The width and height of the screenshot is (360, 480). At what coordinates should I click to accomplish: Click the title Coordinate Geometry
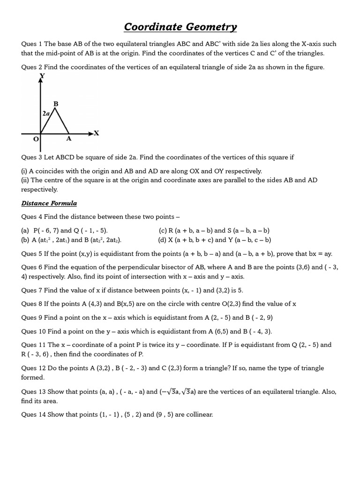[x=180, y=27]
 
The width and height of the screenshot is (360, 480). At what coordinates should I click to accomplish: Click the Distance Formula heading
[x=49, y=203]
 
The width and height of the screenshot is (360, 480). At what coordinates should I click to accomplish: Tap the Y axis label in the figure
[x=42, y=75]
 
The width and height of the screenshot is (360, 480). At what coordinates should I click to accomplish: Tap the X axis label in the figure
[x=97, y=133]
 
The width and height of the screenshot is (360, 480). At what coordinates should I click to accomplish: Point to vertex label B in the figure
[x=56, y=104]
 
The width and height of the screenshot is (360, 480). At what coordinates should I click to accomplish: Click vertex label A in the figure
[x=68, y=139]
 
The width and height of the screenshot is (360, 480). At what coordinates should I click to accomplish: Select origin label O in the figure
[x=36, y=140]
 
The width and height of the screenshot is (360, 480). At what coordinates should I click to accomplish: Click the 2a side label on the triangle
[x=46, y=113]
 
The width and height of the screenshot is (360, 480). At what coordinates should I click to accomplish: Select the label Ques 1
[x=32, y=44]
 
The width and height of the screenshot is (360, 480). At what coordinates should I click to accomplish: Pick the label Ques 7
[x=32, y=290]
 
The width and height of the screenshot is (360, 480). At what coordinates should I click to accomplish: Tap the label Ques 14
[x=34, y=414]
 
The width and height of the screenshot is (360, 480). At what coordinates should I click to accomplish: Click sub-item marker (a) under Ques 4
[x=25, y=231]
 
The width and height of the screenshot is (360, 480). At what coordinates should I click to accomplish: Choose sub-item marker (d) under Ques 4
[x=163, y=240]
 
